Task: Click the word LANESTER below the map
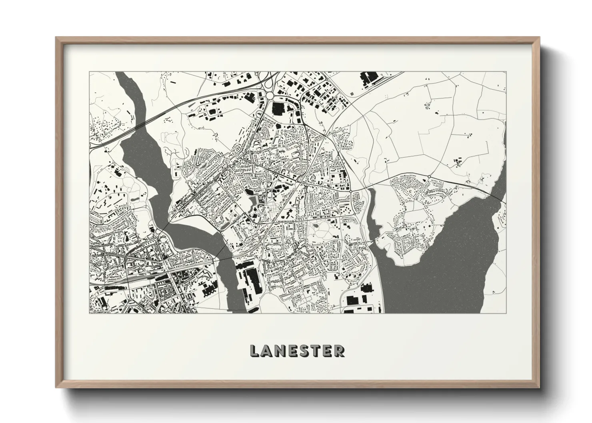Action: click(x=296, y=351)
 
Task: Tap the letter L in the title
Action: click(x=254, y=351)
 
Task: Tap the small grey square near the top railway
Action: click(x=352, y=94)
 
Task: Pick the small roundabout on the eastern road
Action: click(x=429, y=176)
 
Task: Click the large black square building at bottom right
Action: click(x=352, y=300)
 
